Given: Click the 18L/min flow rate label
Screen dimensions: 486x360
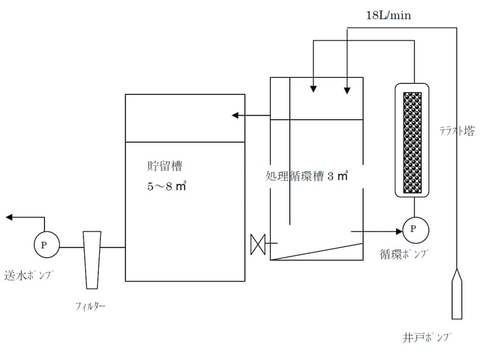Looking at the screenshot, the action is (x=389, y=15).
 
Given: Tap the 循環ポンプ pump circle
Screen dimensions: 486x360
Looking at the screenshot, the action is (x=416, y=230).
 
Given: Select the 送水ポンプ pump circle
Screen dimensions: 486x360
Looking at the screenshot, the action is (x=46, y=245).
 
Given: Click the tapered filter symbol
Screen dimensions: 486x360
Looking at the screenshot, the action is (x=92, y=260).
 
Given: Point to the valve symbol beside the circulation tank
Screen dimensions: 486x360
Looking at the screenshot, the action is (x=258, y=244).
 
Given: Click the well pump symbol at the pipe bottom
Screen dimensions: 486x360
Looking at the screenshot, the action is (x=457, y=294).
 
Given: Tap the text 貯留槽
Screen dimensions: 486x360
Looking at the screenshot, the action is (x=165, y=166).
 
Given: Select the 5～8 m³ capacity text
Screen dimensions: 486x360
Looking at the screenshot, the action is (x=166, y=186).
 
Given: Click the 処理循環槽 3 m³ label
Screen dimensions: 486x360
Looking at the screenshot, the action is (x=307, y=175).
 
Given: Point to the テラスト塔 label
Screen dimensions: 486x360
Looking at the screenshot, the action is (x=457, y=131).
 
